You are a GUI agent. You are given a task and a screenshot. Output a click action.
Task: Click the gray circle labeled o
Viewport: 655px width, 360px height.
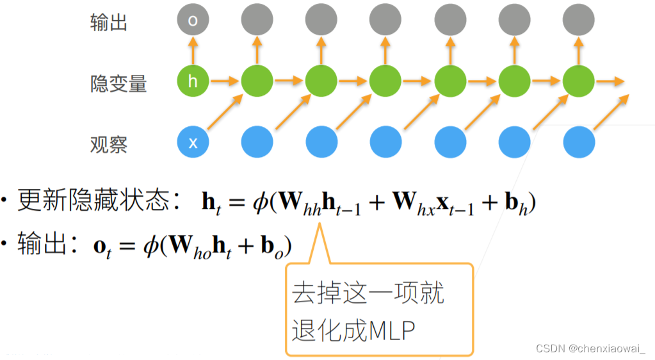(193, 20)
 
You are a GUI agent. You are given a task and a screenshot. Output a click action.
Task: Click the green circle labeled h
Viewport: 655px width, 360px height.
(193, 81)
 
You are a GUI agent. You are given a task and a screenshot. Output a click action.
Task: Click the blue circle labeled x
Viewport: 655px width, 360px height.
(193, 142)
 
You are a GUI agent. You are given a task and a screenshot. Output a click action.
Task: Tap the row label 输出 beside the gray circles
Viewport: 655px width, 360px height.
(109, 22)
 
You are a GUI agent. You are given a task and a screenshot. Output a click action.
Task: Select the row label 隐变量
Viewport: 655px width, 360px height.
(118, 83)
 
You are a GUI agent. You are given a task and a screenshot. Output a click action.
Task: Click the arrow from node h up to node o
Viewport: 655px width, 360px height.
(193, 50)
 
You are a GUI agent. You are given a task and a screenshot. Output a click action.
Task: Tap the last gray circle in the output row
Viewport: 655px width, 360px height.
(578, 20)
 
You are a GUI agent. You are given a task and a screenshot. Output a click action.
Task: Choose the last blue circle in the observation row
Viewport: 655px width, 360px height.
(578, 142)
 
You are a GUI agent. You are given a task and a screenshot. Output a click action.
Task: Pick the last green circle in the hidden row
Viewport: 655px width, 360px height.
(578, 81)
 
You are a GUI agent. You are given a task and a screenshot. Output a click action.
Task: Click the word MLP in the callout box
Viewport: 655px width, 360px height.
(392, 331)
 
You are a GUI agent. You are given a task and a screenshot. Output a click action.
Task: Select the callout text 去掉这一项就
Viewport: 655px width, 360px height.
(368, 293)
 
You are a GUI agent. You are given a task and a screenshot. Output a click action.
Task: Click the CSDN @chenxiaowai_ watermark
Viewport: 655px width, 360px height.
(591, 348)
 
